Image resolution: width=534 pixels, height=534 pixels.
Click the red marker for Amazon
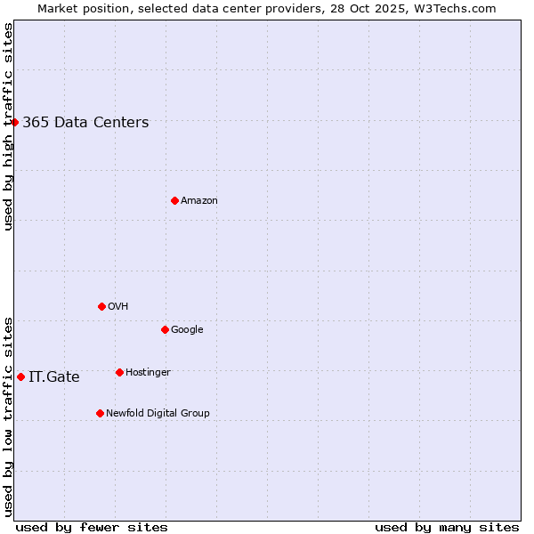click(174, 200)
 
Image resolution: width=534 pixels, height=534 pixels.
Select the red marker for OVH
click(101, 306)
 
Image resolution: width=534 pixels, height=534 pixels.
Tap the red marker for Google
click(165, 329)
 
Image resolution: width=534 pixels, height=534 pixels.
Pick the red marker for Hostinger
click(119, 372)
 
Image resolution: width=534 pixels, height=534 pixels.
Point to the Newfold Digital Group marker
click(100, 413)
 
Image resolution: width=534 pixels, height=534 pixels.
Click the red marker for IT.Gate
click(20, 376)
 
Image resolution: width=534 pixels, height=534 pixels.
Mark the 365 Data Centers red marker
click(15, 122)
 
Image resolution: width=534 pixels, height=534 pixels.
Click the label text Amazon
click(199, 201)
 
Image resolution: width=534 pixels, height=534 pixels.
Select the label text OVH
click(118, 307)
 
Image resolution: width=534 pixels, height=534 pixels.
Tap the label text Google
click(187, 330)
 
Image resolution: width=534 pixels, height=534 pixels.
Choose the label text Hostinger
click(148, 373)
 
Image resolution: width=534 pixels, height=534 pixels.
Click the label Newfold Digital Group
click(158, 414)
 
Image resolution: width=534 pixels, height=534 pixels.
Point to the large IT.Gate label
click(54, 377)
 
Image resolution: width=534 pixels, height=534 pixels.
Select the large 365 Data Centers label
click(85, 123)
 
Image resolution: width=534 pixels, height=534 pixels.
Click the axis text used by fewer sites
click(92, 527)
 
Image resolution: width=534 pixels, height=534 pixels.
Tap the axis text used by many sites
click(447, 527)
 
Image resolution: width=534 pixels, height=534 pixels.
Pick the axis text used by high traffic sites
click(8, 126)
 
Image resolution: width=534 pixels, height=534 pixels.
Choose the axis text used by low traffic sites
click(8, 417)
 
